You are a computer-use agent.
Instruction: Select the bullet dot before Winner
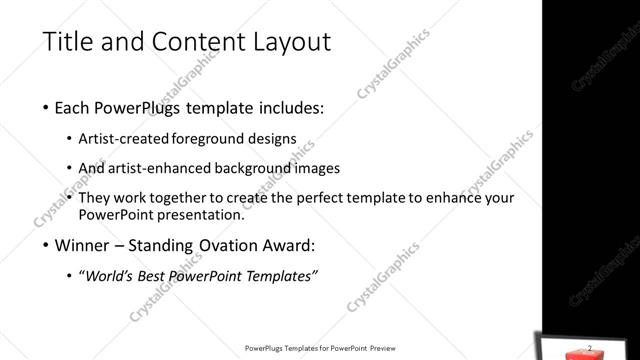(x=47, y=246)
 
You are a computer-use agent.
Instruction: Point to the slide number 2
(x=589, y=347)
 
